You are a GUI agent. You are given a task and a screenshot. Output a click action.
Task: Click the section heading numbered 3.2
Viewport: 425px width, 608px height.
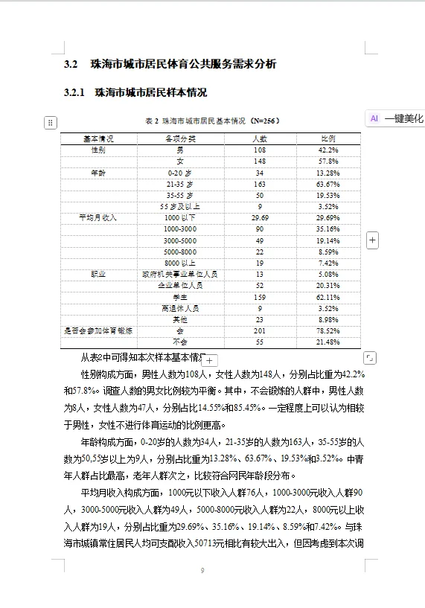point(170,65)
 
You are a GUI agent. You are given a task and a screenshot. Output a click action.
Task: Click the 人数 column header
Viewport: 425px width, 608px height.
point(260,139)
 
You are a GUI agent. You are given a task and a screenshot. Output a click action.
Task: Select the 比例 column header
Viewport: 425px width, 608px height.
point(328,139)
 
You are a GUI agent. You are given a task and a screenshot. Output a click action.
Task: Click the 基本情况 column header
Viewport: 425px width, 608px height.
point(98,139)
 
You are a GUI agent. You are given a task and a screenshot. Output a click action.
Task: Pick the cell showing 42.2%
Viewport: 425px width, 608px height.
point(328,150)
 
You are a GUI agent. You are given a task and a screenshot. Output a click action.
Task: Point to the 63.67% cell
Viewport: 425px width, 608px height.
point(328,184)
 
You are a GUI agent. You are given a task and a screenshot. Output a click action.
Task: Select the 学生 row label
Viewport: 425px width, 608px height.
point(179,297)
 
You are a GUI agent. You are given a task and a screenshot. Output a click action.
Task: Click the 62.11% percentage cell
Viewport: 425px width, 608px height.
point(328,297)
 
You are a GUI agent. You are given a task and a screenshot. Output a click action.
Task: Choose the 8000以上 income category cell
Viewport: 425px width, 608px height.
point(179,263)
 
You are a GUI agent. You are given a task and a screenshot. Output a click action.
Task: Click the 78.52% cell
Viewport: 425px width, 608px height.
point(328,330)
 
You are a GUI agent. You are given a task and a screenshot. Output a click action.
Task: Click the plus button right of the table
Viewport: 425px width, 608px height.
point(373,240)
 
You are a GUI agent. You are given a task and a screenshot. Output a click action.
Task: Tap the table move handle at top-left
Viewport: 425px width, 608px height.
point(51,122)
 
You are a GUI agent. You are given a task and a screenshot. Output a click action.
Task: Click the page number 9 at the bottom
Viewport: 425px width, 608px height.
point(202,571)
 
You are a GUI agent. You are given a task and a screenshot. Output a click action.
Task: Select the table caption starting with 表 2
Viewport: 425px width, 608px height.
point(212,121)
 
